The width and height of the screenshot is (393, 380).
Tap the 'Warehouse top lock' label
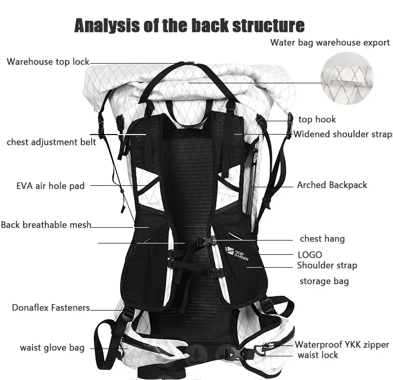[x=48, y=62]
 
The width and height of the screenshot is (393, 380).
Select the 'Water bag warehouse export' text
[x=330, y=42]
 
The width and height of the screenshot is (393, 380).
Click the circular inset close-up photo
[x=346, y=76]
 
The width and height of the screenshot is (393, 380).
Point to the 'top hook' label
[x=317, y=119]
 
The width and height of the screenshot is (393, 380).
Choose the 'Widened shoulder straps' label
[x=343, y=134]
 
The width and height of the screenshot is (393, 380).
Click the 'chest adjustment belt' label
[x=51, y=142]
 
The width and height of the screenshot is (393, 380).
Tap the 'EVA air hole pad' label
[x=50, y=186]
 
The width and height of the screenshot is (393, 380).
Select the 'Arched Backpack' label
[x=332, y=185]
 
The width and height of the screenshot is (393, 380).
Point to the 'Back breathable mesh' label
[x=46, y=225]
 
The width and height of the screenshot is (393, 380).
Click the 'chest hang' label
[x=322, y=239]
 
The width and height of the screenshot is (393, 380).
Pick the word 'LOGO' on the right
[x=310, y=254]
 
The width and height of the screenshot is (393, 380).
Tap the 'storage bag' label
[x=324, y=281]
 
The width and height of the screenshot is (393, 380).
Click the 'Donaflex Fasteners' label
[x=51, y=308]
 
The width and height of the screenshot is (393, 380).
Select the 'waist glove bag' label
[x=52, y=347]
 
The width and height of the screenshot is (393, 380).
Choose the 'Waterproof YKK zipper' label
[x=342, y=345]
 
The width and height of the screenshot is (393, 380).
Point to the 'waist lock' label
[x=318, y=355]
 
